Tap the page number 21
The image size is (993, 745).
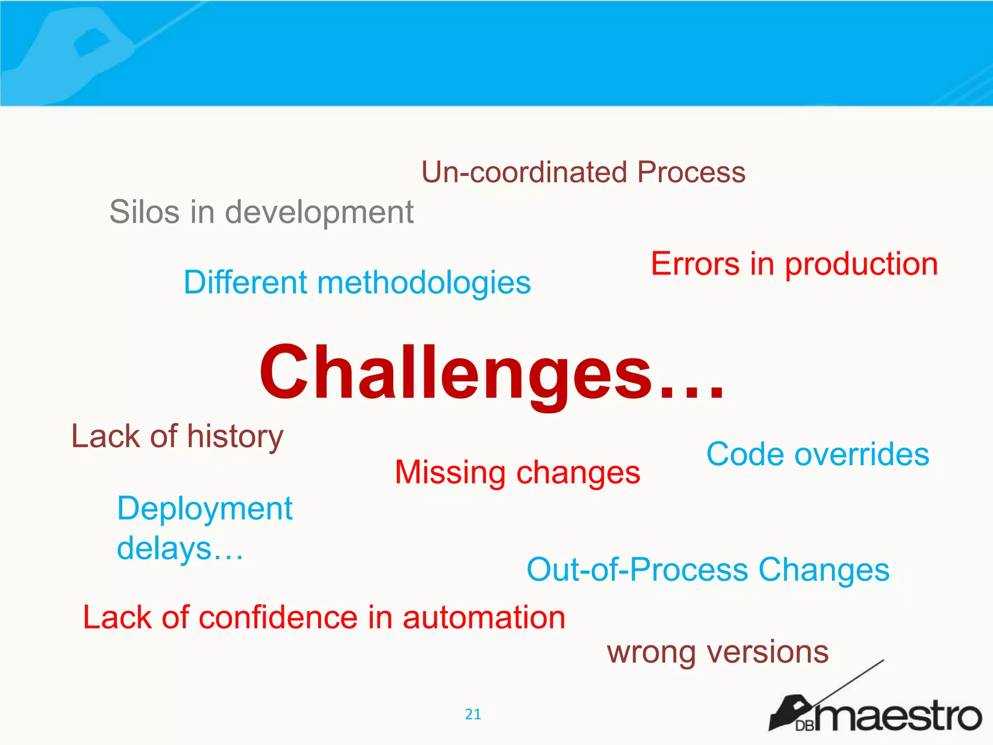[x=473, y=714]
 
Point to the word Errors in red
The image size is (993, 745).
[x=695, y=264]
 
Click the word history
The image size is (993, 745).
[x=235, y=437]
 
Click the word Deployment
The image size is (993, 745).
[x=205, y=509]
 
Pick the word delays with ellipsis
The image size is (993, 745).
[x=179, y=549]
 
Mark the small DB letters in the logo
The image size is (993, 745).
[x=805, y=726]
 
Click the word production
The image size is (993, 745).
[x=861, y=265]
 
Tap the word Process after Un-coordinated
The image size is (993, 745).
[x=691, y=172]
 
